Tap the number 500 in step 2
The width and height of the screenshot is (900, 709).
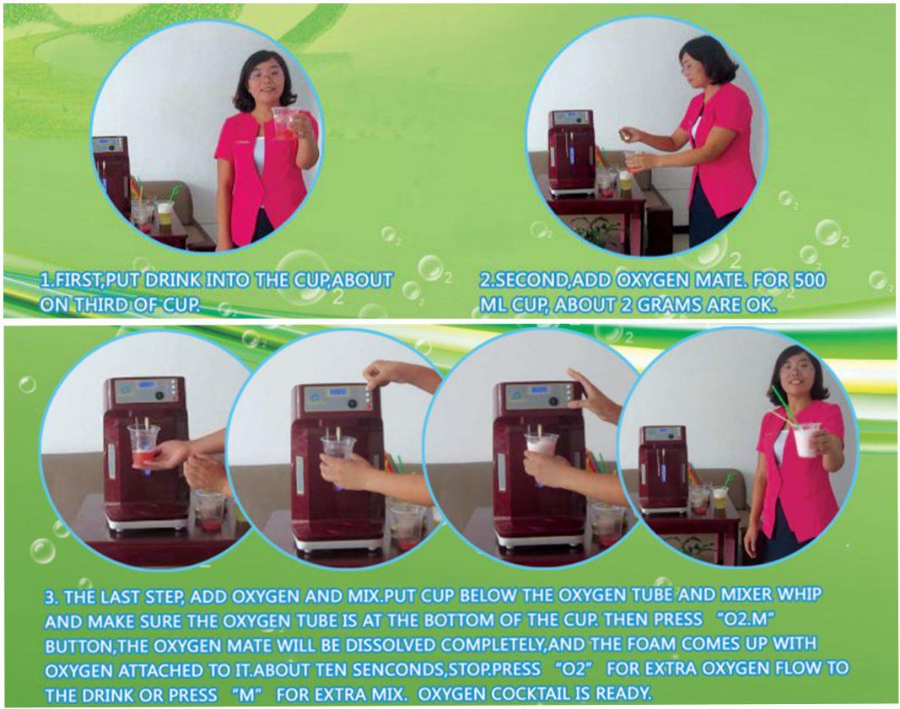click(809, 280)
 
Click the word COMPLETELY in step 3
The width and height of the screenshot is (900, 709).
click(493, 645)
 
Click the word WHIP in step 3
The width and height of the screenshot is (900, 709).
click(800, 594)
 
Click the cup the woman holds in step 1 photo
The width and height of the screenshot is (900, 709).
click(286, 123)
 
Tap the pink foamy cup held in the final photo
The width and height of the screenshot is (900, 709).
click(807, 440)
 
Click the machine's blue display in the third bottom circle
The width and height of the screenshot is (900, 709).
click(539, 390)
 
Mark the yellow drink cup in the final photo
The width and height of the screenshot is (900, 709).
click(719, 500)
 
